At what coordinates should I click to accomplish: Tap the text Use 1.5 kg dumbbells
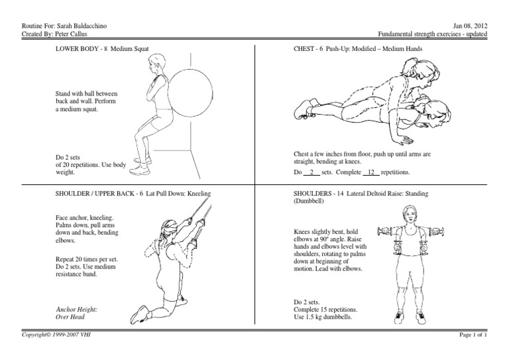click(x=323, y=317)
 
